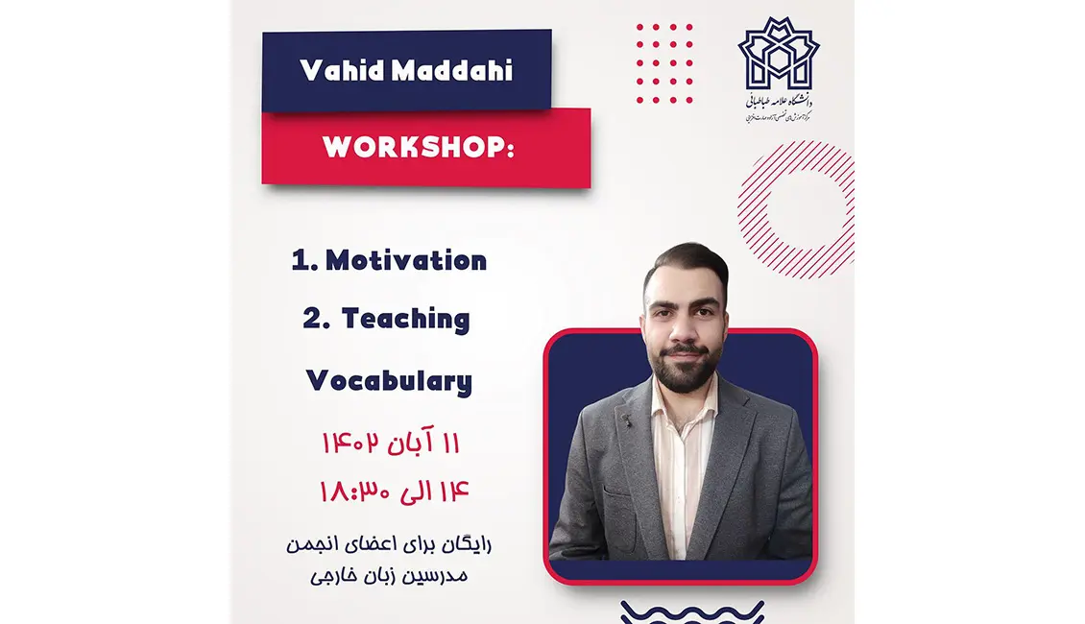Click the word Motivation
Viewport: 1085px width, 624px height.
405,260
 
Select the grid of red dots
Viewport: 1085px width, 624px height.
664,63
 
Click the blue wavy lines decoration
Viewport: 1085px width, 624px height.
692,612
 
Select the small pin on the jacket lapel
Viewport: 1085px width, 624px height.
626,420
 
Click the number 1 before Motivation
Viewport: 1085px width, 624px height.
299,261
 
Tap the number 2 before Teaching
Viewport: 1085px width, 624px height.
310,320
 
